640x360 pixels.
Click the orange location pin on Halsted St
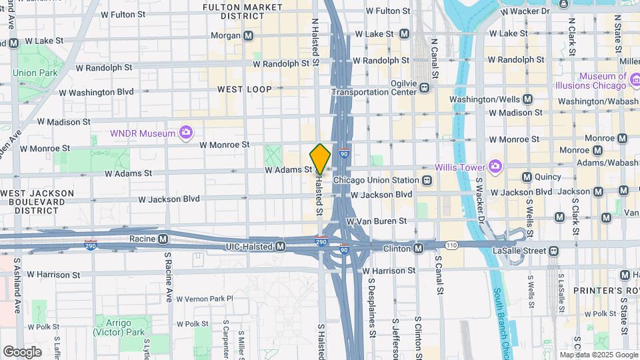pos(321,159)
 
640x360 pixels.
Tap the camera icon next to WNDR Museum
pos(187,133)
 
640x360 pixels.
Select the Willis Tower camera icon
pos(495,166)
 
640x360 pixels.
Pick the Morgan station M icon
pos(248,35)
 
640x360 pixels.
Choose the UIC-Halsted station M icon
pos(281,247)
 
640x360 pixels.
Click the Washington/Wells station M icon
pos(527,99)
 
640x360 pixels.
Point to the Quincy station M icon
pos(527,177)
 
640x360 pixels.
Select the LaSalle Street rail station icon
pos(553,251)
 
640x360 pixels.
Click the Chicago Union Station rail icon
pos(426,180)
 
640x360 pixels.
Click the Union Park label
pos(33,72)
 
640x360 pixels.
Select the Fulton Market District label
pos(243,11)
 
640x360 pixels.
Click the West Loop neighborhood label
pos(244,89)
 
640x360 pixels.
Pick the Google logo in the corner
pos(22,352)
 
